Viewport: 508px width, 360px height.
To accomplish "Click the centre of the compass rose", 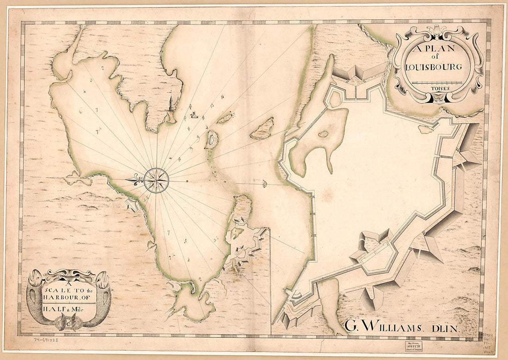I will point(156,180).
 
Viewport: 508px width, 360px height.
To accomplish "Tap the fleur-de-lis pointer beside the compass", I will point(134,180).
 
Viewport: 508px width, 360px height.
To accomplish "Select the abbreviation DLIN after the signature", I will point(443,328).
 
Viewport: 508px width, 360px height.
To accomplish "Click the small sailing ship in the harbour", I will point(194,114).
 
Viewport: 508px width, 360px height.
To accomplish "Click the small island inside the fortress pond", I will point(323,134).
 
